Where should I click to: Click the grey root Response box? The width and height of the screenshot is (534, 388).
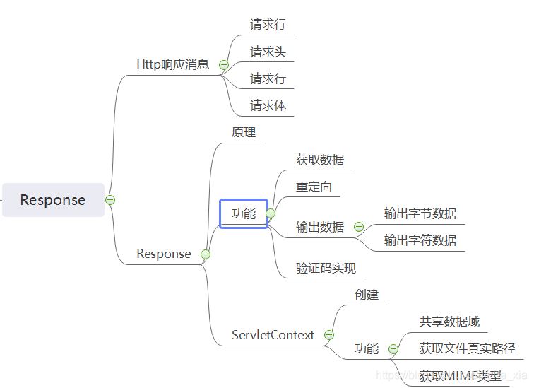(53, 200)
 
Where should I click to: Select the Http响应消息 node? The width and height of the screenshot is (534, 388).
(172, 64)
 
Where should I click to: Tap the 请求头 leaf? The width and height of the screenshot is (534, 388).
(268, 52)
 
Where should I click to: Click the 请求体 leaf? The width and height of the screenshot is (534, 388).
(268, 105)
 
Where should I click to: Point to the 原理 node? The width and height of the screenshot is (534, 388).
(244, 132)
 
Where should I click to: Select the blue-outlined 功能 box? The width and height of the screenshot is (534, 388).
(244, 213)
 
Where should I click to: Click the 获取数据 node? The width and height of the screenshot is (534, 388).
(320, 160)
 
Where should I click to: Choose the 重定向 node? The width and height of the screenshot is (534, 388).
(314, 187)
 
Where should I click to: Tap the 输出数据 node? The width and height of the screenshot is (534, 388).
(320, 227)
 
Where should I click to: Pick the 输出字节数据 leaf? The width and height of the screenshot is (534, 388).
(420, 213)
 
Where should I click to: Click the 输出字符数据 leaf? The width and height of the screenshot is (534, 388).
(420, 240)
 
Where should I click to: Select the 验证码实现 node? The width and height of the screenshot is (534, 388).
(326, 268)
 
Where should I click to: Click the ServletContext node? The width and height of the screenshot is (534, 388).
(273, 335)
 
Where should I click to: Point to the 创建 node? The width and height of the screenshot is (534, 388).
(367, 295)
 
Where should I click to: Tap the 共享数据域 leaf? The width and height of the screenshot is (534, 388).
(449, 322)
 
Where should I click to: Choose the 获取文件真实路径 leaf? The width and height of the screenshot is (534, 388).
(467, 348)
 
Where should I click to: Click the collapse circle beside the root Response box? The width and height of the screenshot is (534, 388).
(110, 200)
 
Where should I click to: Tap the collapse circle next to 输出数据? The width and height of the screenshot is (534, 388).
(358, 227)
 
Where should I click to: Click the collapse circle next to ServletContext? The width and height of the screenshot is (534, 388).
(328, 335)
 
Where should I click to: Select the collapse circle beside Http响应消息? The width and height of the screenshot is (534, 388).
(224, 65)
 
